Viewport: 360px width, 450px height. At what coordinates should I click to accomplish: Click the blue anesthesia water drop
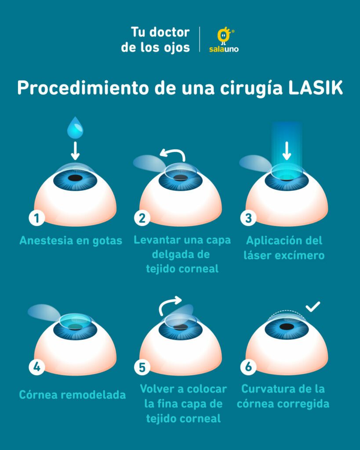pyautogui.click(x=75, y=128)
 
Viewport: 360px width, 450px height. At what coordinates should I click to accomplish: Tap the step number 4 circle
pyautogui.click(x=37, y=367)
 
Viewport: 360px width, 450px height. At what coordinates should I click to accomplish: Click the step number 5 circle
pyautogui.click(x=142, y=367)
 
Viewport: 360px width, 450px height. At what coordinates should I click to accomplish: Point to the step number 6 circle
pyautogui.click(x=248, y=367)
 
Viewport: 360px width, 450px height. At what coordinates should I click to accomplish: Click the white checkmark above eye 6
pyautogui.click(x=313, y=306)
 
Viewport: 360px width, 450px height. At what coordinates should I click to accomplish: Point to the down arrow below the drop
pyautogui.click(x=75, y=151)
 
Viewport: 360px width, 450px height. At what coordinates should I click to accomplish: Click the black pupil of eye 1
pyautogui.click(x=75, y=178)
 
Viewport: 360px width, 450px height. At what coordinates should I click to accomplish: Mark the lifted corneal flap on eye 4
pyautogui.click(x=44, y=312)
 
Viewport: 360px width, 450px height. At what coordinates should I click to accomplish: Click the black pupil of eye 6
pyautogui.click(x=287, y=327)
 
